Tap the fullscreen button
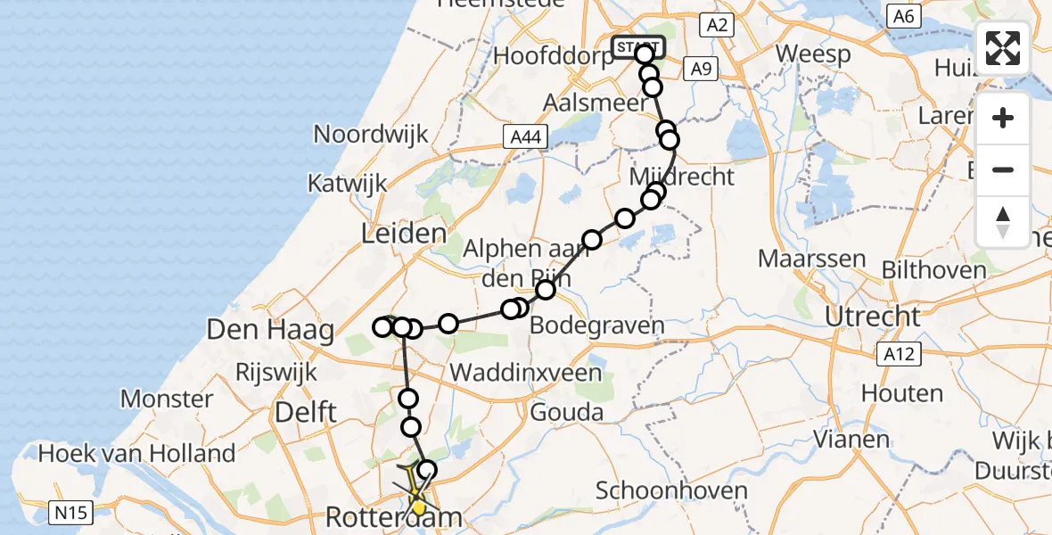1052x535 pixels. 1003,48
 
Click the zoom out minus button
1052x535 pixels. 1003,169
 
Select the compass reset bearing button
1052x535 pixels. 1003,221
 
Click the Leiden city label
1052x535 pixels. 403,235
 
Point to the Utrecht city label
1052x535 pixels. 872,317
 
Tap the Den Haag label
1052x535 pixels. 270,330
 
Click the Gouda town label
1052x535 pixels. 566,413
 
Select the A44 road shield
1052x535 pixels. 527,136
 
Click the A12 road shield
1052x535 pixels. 897,355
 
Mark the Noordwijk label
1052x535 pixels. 371,135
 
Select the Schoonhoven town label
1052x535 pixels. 659,490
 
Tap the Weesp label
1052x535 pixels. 812,53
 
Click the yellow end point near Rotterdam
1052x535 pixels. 418,507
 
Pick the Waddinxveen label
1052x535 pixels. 524,372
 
